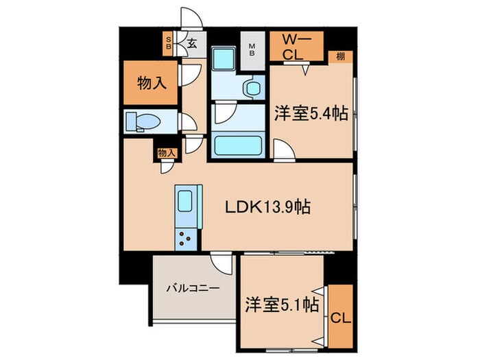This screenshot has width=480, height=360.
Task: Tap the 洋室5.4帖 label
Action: coord(311,114)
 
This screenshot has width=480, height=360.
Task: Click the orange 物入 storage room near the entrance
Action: coord(151,84)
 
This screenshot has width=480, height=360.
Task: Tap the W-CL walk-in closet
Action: coord(300,47)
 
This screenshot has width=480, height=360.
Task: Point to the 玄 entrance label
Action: coord(192,43)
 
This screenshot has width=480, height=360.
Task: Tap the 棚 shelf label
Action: coord(341,56)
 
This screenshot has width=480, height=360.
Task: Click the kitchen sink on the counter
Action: coord(186,203)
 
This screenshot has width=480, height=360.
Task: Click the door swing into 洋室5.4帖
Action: coord(283,150)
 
